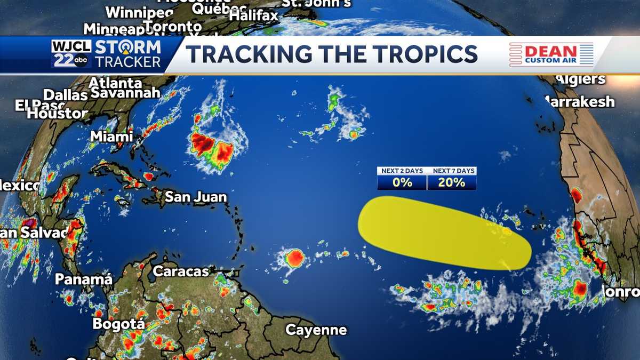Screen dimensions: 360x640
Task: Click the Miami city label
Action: click(111, 136)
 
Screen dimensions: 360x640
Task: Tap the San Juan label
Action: click(195, 197)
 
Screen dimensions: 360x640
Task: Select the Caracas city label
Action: click(181, 271)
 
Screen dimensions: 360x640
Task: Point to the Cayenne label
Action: click(316, 330)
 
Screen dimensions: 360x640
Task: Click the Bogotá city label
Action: click(118, 324)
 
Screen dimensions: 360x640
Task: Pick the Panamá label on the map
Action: click(84, 279)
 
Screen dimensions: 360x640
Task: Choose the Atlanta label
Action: click(115, 83)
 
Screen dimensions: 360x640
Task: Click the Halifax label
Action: click(253, 15)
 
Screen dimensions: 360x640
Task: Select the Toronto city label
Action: click(173, 26)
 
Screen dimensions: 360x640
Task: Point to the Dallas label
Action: click(65, 95)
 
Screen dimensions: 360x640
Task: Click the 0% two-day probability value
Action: click(402, 182)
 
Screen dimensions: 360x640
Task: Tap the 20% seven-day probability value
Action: click(452, 182)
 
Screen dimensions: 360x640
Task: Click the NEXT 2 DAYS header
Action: click(402, 171)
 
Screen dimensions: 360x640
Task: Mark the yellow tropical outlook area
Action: click(443, 233)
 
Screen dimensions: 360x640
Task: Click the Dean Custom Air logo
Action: click(551, 54)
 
